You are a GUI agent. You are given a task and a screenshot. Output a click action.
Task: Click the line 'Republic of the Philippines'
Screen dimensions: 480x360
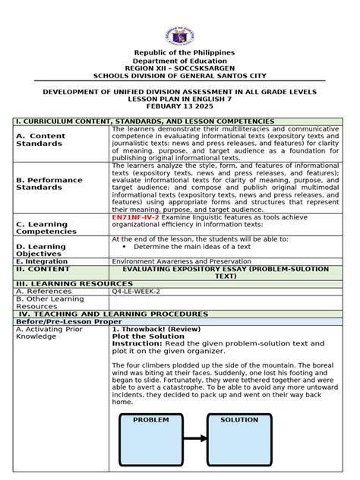[x=179, y=52]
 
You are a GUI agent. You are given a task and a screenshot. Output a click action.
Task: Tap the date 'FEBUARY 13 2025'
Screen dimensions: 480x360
[x=179, y=107]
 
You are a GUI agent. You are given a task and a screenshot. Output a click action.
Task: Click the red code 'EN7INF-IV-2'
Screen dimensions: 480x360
[x=135, y=217]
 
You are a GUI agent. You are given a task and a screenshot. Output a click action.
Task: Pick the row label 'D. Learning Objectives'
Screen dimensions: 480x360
[x=41, y=250]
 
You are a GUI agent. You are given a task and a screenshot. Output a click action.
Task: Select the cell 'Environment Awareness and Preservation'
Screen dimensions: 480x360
[x=181, y=261]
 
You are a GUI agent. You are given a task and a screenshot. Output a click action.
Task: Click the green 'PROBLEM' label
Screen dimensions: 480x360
[x=150, y=420]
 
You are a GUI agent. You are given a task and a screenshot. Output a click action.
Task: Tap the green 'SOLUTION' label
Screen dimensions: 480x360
[x=239, y=420]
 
